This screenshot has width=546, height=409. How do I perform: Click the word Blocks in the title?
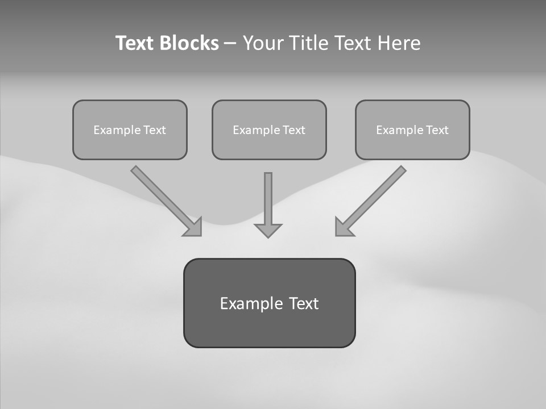189,43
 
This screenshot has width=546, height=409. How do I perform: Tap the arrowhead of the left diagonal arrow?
193,227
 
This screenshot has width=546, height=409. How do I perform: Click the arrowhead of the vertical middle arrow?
268,229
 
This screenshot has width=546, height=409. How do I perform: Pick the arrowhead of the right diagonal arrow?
344,227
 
